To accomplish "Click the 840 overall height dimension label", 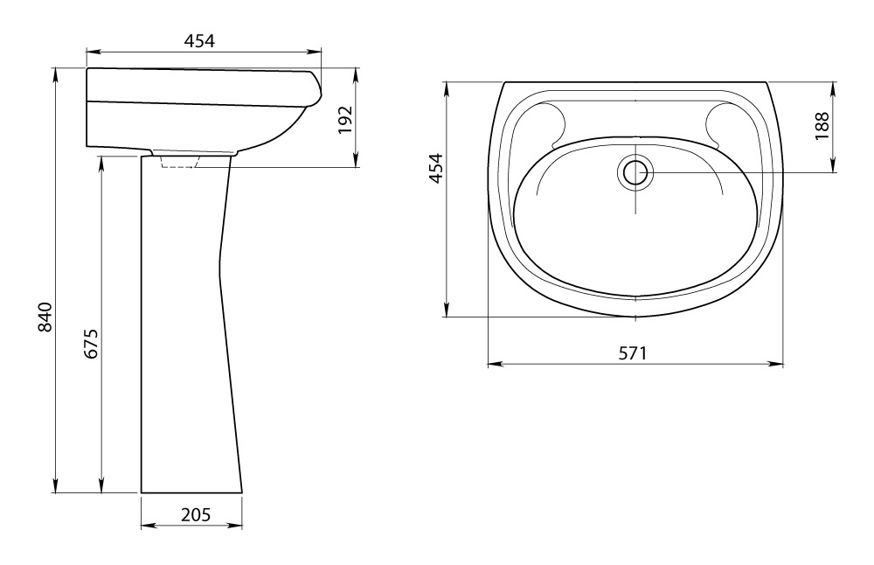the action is (x=45, y=317).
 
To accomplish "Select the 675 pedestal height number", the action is (x=91, y=343).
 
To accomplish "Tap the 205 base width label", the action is (x=196, y=514).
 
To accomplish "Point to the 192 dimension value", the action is (x=345, y=119).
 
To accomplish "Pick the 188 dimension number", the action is (x=822, y=126).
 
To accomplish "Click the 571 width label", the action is (x=633, y=353).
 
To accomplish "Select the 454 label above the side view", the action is (x=199, y=41).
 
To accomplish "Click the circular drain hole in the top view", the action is (x=635, y=172).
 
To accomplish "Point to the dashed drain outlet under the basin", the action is (x=178, y=161).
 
